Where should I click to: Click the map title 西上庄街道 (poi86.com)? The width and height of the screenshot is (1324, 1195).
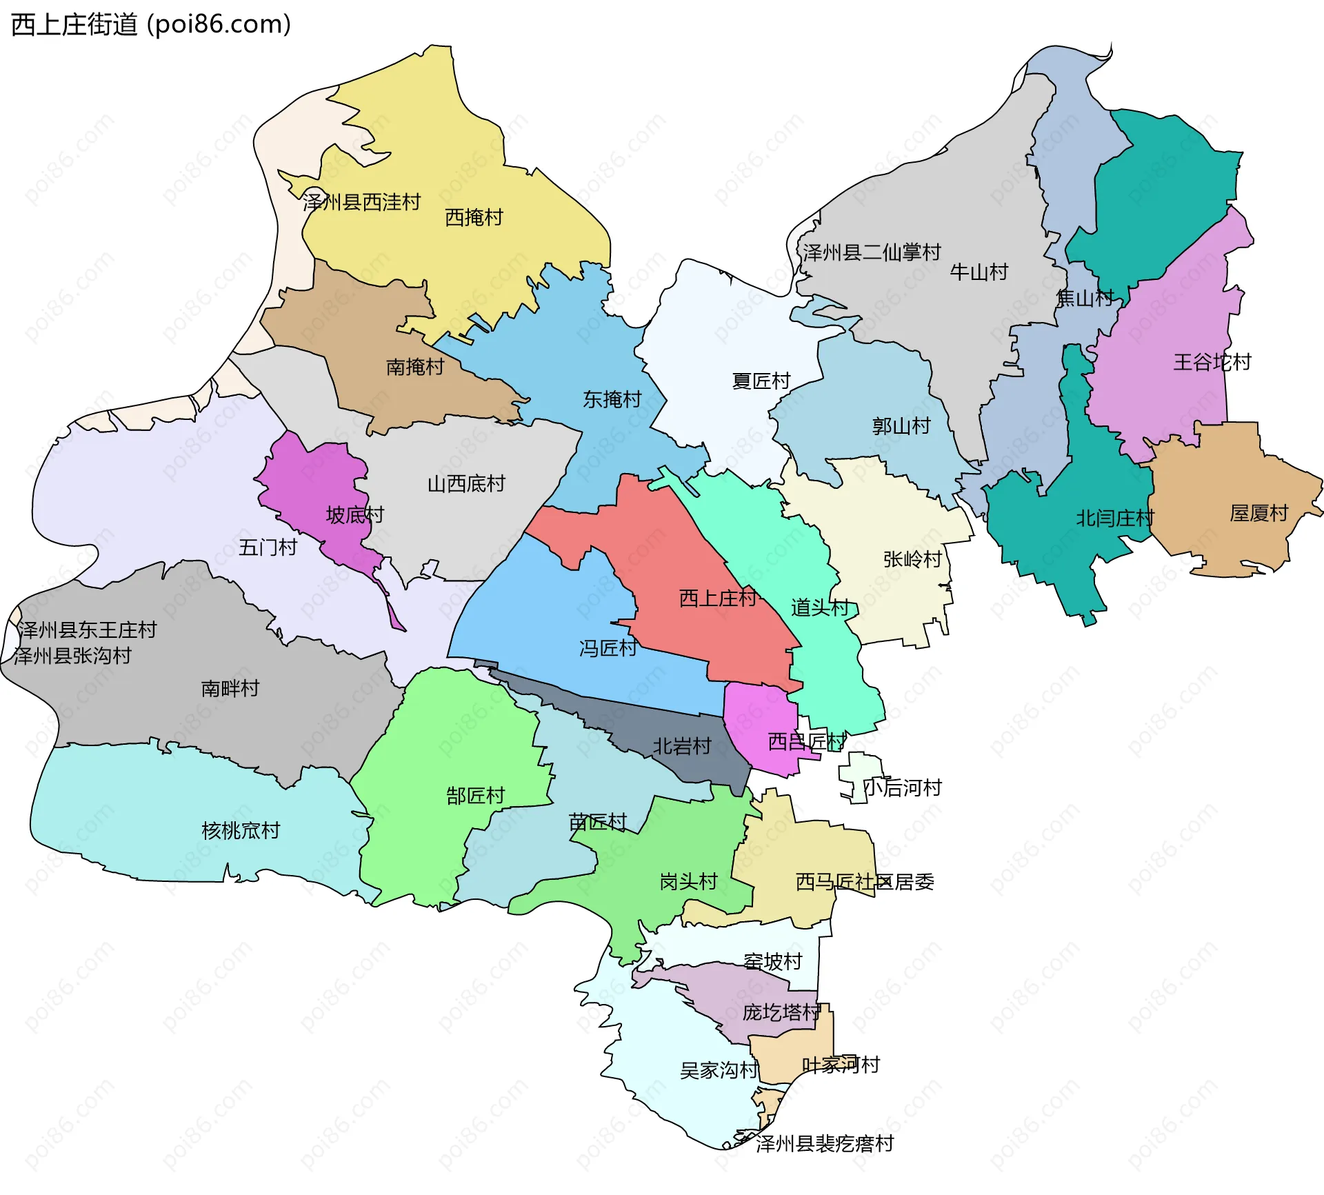(x=151, y=24)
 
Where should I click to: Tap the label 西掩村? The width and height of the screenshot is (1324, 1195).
(x=474, y=217)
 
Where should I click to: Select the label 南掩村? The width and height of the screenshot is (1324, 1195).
(x=414, y=366)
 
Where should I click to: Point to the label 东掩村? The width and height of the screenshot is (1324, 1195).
(x=612, y=399)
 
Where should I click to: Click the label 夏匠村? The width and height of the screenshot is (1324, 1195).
(x=761, y=381)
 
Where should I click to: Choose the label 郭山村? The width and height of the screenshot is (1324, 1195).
(x=901, y=425)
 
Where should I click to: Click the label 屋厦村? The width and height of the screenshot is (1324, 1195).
(x=1258, y=513)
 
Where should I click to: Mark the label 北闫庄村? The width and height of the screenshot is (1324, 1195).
(x=1114, y=518)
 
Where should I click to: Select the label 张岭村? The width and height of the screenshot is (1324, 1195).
(x=912, y=559)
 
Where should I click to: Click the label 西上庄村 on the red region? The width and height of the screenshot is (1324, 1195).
(x=717, y=598)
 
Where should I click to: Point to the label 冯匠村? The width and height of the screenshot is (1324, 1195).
(x=608, y=647)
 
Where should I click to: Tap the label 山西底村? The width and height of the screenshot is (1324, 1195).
(x=466, y=483)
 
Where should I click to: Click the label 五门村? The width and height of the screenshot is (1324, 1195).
(x=268, y=548)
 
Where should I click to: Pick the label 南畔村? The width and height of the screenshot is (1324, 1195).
(x=230, y=687)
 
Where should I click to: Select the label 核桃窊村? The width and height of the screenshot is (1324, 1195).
(x=241, y=830)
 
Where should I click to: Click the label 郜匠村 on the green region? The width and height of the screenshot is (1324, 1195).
(x=475, y=796)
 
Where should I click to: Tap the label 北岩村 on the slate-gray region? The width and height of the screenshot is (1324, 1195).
(x=681, y=746)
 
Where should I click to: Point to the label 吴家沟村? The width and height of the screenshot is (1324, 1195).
(x=719, y=1070)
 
